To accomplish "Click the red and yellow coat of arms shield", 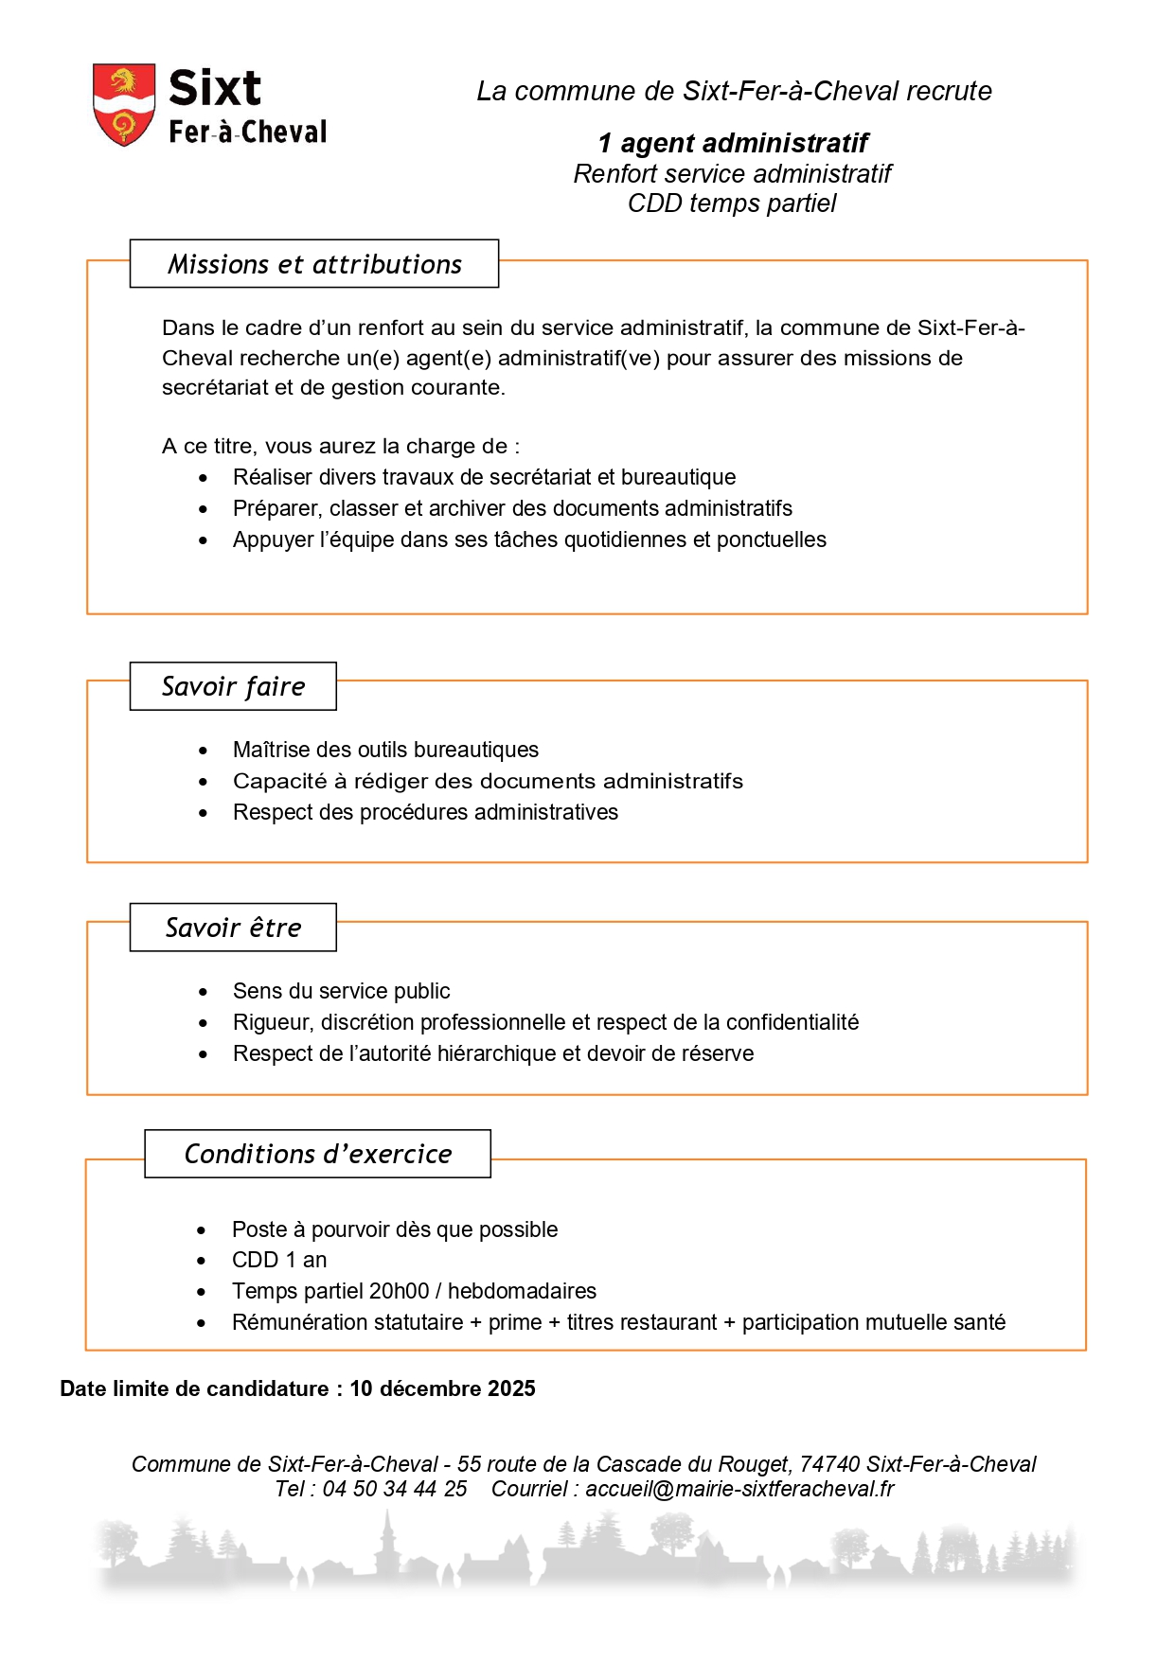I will [123, 103].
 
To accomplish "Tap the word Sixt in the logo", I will [214, 88].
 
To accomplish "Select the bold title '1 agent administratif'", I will [732, 143].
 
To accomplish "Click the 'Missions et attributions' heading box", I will [314, 264].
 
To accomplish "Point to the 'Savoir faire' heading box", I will [233, 686].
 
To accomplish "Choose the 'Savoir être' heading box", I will [233, 928].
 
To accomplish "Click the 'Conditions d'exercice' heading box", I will [317, 1154].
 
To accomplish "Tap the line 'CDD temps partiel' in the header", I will [732, 203].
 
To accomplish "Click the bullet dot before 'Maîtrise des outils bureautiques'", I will [203, 751].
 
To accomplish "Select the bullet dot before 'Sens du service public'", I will [203, 992].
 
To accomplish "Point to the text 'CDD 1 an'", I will [279, 1260].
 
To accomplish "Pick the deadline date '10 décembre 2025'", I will [442, 1388].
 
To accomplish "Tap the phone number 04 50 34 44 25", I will [395, 1489].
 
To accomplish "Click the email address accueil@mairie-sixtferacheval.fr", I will [739, 1489].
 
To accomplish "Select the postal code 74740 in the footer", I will [829, 1464].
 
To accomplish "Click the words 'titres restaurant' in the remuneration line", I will [642, 1322].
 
